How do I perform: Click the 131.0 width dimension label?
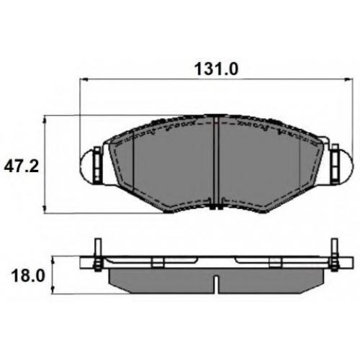(217, 69)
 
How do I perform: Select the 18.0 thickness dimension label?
(28, 276)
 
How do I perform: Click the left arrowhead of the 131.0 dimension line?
(83, 79)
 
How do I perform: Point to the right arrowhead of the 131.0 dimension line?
(350, 79)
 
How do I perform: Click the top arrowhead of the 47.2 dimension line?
(44, 120)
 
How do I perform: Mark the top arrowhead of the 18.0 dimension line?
(53, 260)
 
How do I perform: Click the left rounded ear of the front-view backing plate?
(87, 166)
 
